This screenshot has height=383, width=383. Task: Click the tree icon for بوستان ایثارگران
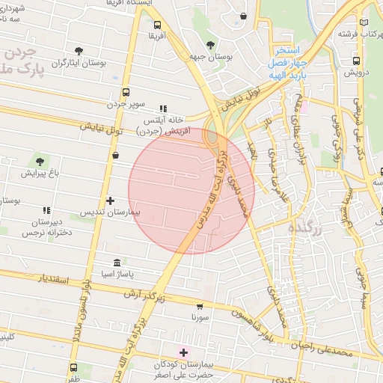pyautogui.click(x=79, y=51)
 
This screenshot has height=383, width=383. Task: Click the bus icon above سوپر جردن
pyautogui.click(x=125, y=94)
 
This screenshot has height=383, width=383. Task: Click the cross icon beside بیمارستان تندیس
pyautogui.click(x=111, y=200)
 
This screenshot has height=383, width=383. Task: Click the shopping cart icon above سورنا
pyautogui.click(x=200, y=305)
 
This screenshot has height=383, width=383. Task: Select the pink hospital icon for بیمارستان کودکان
pyautogui.click(x=183, y=351)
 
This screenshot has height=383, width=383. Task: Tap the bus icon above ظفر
pyautogui.click(x=74, y=367)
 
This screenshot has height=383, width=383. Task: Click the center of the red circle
pyautogui.click(x=191, y=191)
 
